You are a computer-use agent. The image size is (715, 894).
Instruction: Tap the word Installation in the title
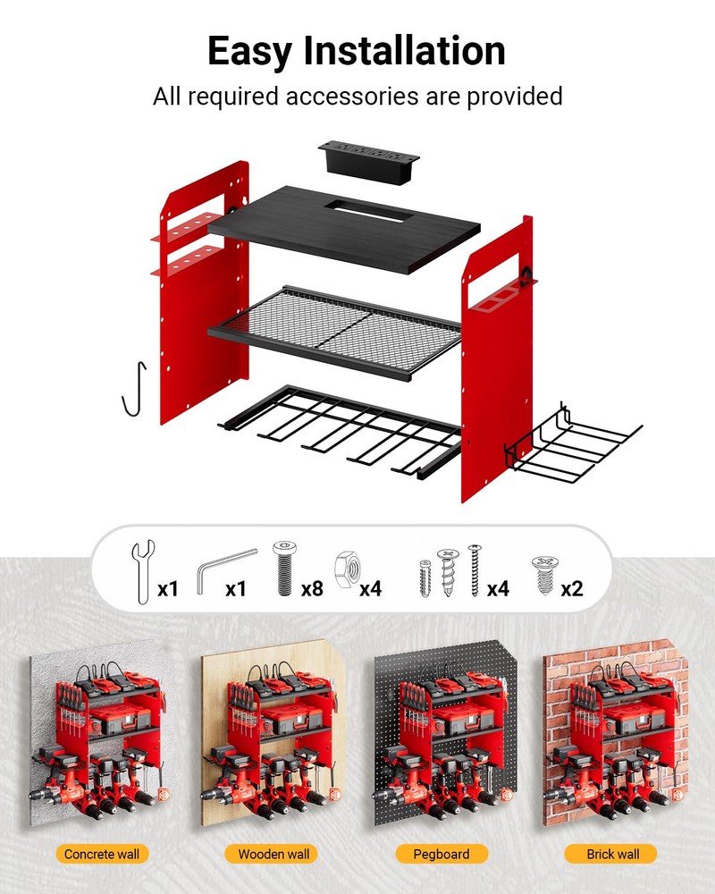pos(404,50)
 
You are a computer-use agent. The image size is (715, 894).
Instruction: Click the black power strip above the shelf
pos(368,163)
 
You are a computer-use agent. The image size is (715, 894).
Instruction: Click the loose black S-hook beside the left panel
pos(135,388)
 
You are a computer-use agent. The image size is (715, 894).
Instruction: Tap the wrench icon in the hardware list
pos(142,571)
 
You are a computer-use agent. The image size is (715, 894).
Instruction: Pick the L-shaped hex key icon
pos(225,570)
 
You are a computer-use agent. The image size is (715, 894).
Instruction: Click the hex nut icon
pos(348,569)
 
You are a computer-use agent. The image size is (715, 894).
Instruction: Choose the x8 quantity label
pos(312,588)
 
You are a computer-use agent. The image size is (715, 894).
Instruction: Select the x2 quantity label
pos(572,588)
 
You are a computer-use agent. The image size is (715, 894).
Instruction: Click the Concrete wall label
pos(102,854)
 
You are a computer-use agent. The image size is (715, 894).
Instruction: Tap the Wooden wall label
pos(273,854)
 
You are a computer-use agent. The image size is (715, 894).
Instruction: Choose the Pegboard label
pos(442,854)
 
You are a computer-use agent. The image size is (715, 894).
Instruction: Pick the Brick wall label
pos(613,854)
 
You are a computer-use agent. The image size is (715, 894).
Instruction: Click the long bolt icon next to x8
pos(284,569)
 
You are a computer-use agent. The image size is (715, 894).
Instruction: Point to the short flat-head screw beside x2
pos(544,575)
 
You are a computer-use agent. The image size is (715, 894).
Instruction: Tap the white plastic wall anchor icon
pos(425,578)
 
